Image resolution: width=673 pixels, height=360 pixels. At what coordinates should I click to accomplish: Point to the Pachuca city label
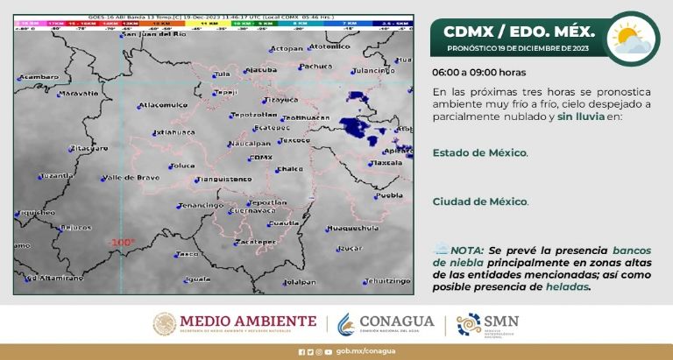315,66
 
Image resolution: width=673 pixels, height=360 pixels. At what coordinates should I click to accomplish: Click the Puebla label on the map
388,195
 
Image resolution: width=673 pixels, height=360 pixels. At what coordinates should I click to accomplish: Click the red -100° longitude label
122,243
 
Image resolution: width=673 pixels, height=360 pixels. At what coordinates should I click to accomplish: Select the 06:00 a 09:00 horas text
479,73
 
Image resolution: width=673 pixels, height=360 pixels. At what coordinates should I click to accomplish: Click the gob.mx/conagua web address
354,352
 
